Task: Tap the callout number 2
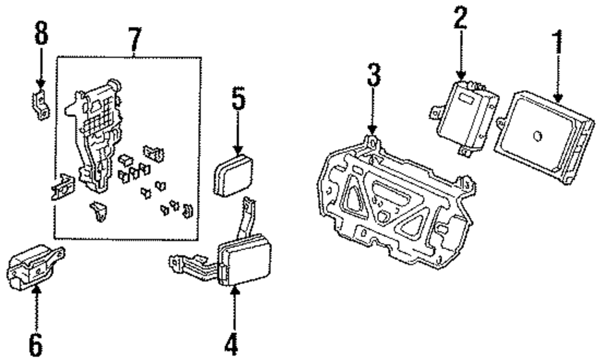(460, 20)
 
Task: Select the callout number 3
(373, 77)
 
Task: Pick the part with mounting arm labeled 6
(33, 267)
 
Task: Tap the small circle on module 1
(538, 136)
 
